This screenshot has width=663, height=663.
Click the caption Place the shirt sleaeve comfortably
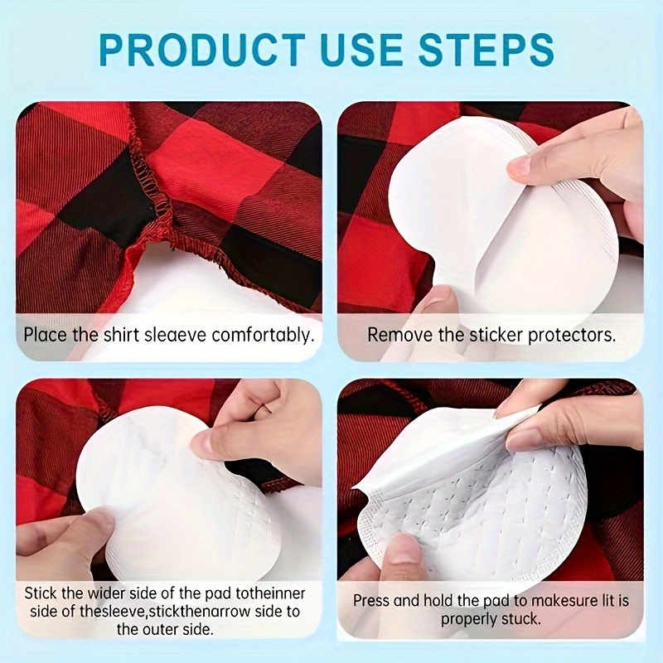tap(168, 335)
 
